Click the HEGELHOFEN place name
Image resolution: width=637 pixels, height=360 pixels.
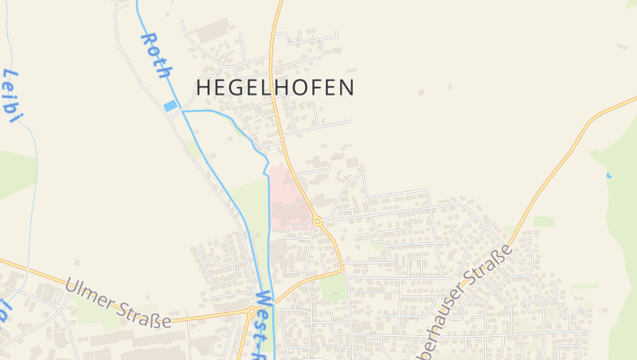click(x=275, y=87)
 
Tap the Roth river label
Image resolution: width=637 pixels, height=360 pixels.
click(x=156, y=55)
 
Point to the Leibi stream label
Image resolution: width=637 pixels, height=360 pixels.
click(x=11, y=96)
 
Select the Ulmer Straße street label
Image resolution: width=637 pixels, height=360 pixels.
click(x=119, y=303)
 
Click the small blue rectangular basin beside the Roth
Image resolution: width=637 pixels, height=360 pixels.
click(x=170, y=105)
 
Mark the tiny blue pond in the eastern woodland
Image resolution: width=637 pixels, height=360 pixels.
click(x=608, y=174)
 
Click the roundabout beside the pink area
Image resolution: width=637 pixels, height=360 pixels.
click(x=317, y=221)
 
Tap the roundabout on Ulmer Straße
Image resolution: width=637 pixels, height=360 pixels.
click(x=252, y=311)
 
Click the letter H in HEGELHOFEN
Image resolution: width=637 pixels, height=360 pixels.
click(x=204, y=87)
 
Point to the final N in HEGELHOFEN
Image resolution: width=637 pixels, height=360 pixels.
click(x=346, y=87)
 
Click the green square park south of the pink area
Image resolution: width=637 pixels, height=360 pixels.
click(x=335, y=288)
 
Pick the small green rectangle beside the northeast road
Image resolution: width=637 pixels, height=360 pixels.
click(x=543, y=221)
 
